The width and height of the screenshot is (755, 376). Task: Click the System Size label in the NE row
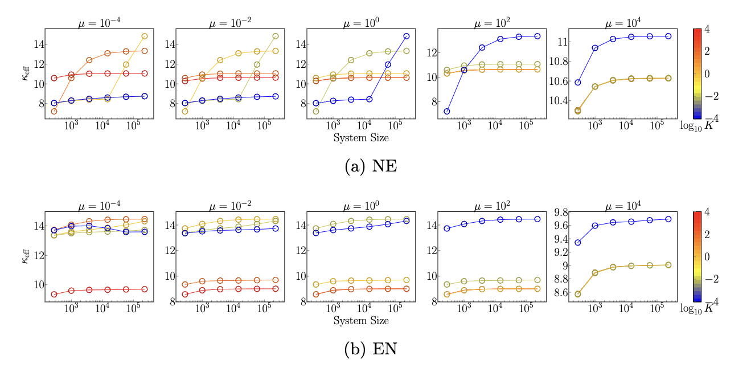(362, 137)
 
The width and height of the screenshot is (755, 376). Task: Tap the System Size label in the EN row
(362, 321)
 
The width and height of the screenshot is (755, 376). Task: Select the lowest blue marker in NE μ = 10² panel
(447, 111)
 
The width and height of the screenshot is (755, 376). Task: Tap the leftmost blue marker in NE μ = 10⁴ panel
(578, 82)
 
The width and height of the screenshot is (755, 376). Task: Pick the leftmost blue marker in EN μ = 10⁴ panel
(578, 243)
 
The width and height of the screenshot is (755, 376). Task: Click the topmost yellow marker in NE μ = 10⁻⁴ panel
(144, 36)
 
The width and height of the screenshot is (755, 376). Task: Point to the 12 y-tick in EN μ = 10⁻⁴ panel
(37, 255)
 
